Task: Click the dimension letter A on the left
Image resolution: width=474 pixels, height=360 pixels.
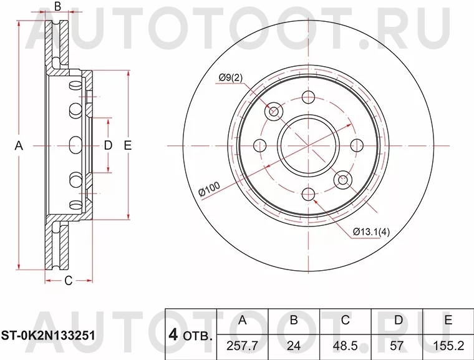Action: click(19, 146)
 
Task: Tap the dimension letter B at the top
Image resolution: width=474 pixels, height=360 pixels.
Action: click(57, 7)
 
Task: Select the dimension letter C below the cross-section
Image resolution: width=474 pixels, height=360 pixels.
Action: click(69, 280)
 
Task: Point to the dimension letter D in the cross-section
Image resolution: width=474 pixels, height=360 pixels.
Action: click(107, 146)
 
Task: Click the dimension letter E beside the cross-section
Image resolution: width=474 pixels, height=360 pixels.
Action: click(127, 146)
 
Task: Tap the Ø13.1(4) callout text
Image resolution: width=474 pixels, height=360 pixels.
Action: click(371, 232)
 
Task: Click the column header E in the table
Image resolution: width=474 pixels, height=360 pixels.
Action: click(448, 321)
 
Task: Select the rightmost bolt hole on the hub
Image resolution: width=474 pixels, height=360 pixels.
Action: click(357, 145)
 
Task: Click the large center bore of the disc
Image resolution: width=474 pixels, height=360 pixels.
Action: click(308, 145)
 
